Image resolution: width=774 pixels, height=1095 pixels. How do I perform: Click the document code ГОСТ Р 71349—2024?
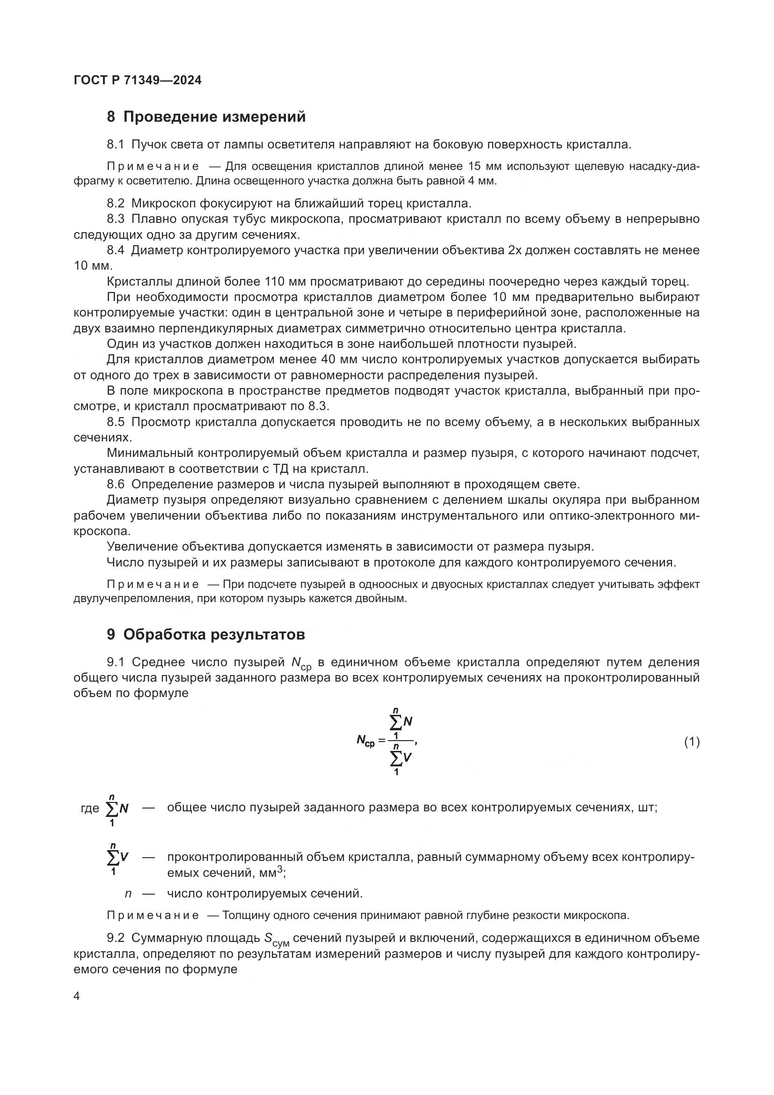tap(138, 80)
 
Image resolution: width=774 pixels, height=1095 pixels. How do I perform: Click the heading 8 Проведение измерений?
tap(206, 117)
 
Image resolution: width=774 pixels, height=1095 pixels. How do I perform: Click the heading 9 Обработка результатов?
tap(205, 635)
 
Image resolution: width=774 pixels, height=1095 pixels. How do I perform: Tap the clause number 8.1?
tap(115, 145)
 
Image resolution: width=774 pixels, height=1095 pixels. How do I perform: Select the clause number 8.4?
tap(115, 250)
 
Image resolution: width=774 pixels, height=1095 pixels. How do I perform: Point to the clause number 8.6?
tap(115, 485)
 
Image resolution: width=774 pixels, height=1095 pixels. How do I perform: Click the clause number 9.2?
tap(115, 938)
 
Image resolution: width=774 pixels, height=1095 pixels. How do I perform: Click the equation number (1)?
tap(692, 742)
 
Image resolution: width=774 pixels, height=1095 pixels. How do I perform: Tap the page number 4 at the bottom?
tap(77, 996)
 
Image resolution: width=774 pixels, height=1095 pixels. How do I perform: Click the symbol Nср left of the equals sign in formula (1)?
tap(365, 741)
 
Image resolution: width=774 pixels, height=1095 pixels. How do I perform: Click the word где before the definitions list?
tap(90, 808)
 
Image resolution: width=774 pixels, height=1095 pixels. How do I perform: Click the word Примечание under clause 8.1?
tap(153, 167)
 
